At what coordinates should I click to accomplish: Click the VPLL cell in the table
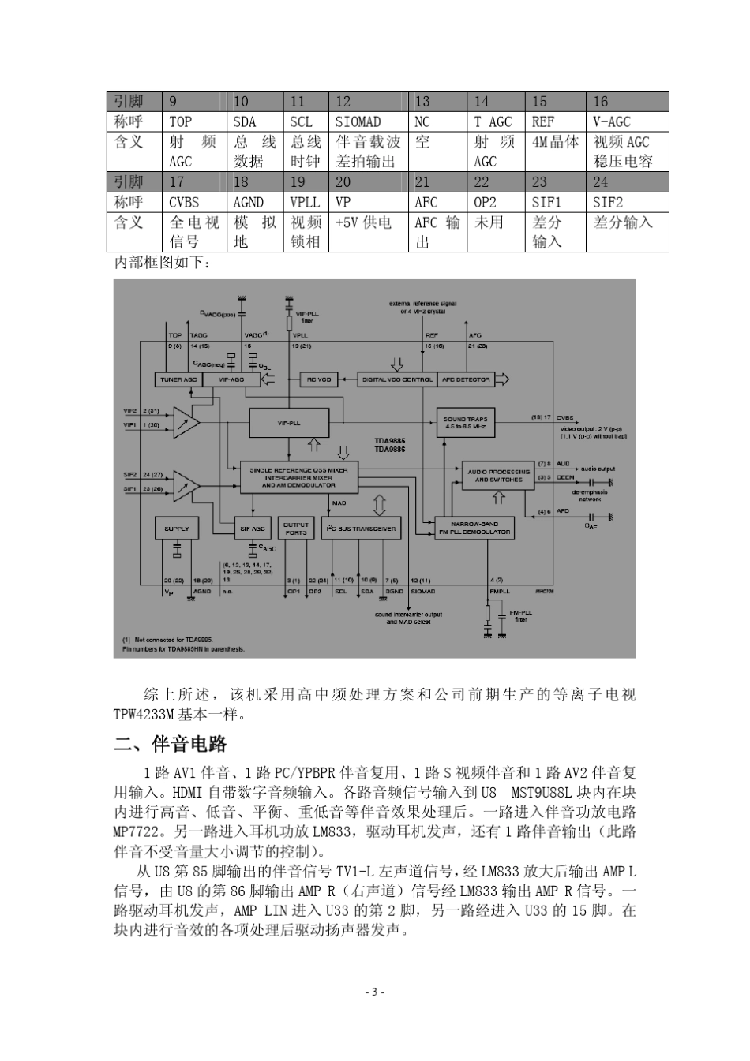coord(305,202)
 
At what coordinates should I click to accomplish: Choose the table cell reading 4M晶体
coord(555,142)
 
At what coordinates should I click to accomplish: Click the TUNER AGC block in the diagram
coord(179,379)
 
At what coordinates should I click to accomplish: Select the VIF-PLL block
coord(289,423)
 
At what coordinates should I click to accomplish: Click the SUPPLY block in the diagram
coord(176,529)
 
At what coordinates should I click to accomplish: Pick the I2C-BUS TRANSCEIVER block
coord(361,529)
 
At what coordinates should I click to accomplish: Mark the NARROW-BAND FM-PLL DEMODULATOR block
coord(474,528)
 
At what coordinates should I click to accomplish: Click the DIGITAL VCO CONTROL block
coord(397,379)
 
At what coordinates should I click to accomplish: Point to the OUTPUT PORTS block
coord(296,529)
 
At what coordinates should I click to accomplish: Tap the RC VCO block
coord(318,379)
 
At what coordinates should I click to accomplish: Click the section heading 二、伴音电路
coord(171,743)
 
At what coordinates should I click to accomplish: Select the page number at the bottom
coord(375,992)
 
